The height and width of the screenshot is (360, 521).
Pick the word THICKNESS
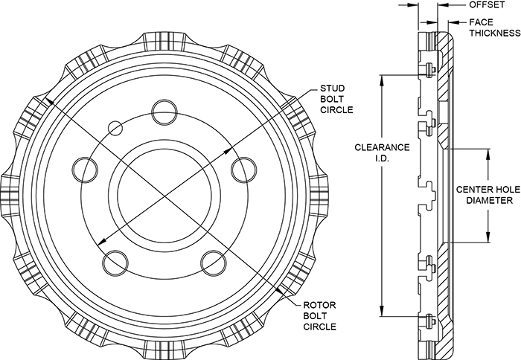493,33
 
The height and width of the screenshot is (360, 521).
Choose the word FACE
480,23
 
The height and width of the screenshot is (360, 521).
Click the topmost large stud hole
162,113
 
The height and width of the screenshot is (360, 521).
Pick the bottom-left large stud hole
114,262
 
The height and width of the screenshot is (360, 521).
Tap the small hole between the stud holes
115,128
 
